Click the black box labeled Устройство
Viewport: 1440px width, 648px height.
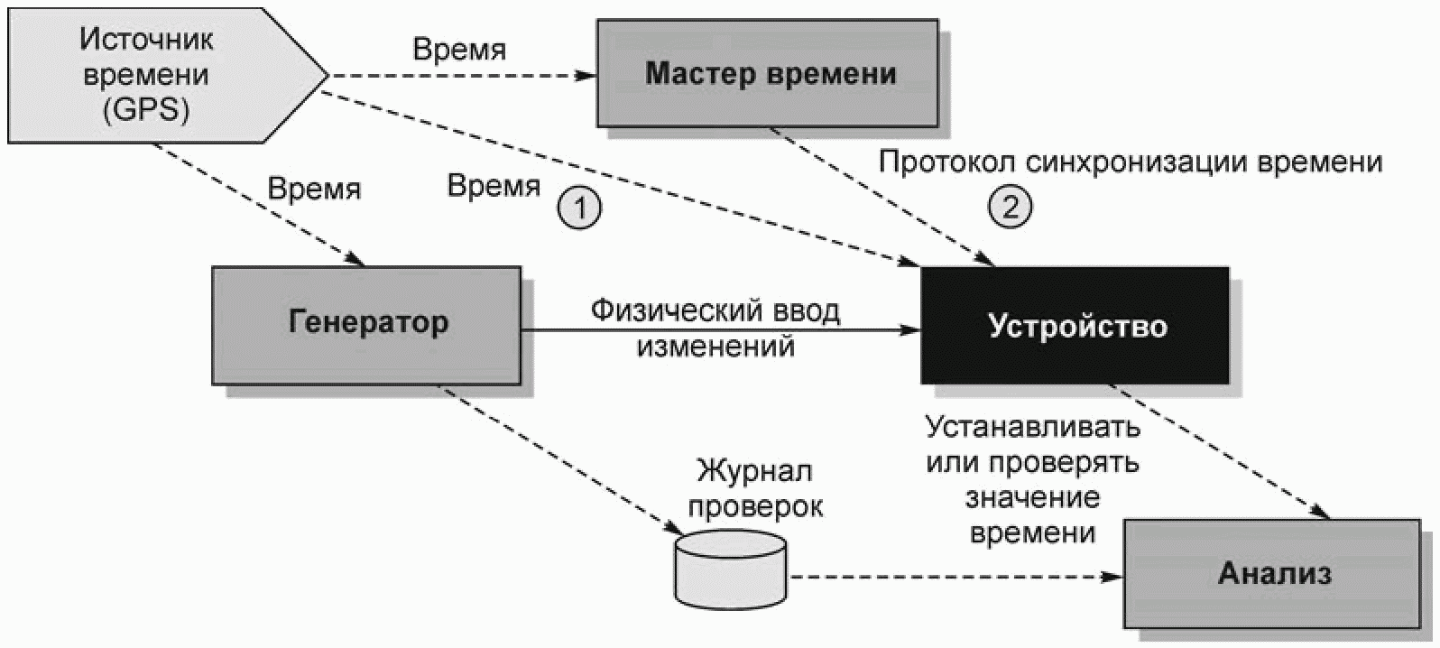click(x=1075, y=325)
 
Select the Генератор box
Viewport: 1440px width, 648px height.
click(x=366, y=325)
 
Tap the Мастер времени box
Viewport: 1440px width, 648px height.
click(x=768, y=72)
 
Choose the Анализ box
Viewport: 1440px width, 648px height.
click(x=1272, y=573)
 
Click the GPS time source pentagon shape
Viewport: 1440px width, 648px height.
click(x=167, y=75)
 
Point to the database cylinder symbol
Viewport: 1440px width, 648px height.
click(x=731, y=569)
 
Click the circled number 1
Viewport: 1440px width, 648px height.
click(x=579, y=208)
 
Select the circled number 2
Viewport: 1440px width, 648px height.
click(x=1010, y=207)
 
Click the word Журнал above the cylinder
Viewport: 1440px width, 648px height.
click(x=754, y=471)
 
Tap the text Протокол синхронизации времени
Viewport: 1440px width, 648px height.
click(x=1131, y=162)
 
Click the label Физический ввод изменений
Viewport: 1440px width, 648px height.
click(x=715, y=328)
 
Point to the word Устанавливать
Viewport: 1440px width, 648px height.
click(x=1032, y=426)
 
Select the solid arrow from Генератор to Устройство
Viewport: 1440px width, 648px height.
click(x=721, y=330)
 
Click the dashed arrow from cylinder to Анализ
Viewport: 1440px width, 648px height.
click(x=955, y=577)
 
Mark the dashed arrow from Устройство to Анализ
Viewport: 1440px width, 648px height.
click(x=1220, y=451)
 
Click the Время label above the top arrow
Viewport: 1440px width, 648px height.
click(x=459, y=50)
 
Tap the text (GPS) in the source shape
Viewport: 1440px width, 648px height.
click(x=146, y=109)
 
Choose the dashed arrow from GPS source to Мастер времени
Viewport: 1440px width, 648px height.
click(x=463, y=76)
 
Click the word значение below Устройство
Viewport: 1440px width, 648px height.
click(x=1032, y=498)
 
